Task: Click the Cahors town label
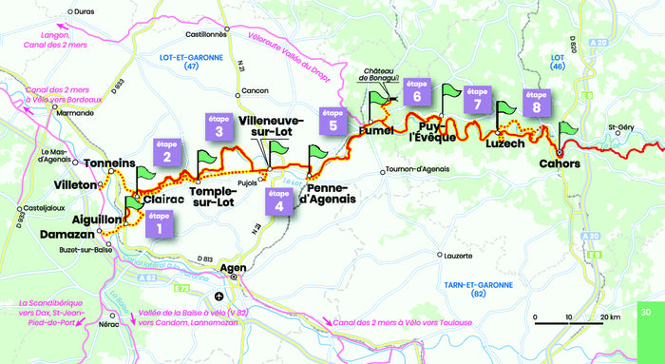(558, 163)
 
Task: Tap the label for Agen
(234, 268)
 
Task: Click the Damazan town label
(68, 232)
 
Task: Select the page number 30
(646, 313)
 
